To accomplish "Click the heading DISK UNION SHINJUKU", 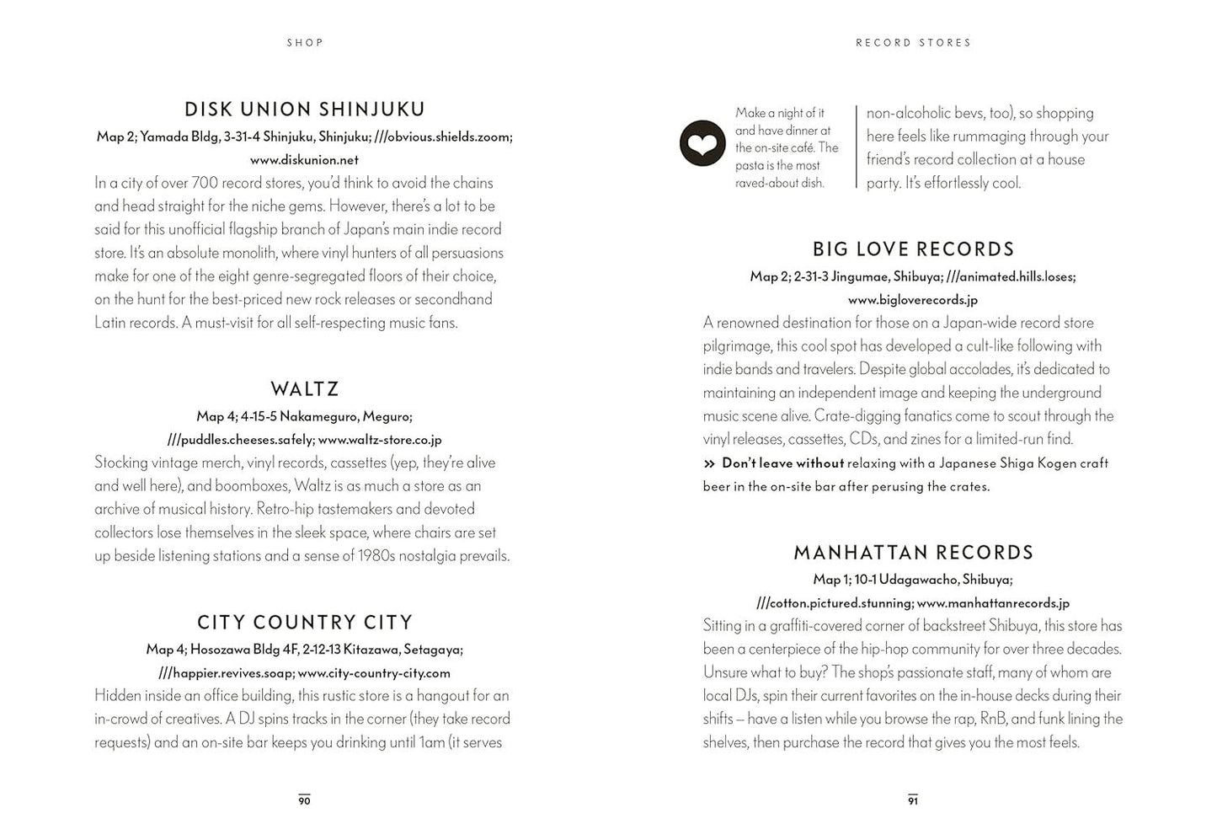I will coord(305,110).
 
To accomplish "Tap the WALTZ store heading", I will coord(305,389).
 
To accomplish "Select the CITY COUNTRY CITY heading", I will coord(305,623).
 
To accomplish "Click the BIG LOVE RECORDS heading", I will coord(913,249).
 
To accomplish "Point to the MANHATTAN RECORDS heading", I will coord(913,553).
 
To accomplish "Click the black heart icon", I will coord(702,143).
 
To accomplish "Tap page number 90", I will coord(304,800).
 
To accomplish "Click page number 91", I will coord(913,800).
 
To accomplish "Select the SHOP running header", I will coord(305,43).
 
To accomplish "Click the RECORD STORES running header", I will coord(913,43).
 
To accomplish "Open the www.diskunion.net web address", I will coord(304,160).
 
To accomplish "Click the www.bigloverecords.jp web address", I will coord(913,300).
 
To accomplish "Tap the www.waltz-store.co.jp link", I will coord(380,440).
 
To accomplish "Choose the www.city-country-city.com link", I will coord(374,673).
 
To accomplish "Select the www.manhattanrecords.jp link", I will coord(993,603).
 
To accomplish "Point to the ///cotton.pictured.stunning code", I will coord(834,603).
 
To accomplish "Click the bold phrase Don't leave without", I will coord(782,463).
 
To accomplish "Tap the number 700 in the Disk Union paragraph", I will coord(205,183).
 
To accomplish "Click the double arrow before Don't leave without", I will coord(709,463).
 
